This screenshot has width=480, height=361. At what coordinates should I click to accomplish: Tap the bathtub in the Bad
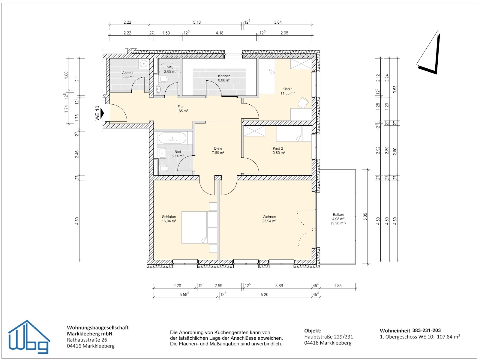tap(172, 138)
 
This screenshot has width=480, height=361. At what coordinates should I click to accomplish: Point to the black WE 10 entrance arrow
tap(102, 113)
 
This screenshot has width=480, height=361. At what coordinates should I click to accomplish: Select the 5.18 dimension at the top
tap(197, 22)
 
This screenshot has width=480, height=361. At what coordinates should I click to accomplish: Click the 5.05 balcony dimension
tap(365, 217)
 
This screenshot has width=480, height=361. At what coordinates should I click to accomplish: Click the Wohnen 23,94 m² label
tap(269, 219)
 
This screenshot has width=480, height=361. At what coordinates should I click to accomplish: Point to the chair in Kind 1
tap(303, 102)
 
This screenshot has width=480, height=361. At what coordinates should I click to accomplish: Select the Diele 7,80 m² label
tap(218, 151)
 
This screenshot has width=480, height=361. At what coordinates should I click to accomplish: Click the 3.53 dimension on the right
tap(395, 89)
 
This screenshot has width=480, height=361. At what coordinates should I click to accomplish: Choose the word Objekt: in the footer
tap(313, 331)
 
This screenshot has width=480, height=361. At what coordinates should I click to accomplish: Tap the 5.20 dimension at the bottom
tap(264, 294)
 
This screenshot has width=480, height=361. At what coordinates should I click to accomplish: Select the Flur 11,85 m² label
tap(181, 109)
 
